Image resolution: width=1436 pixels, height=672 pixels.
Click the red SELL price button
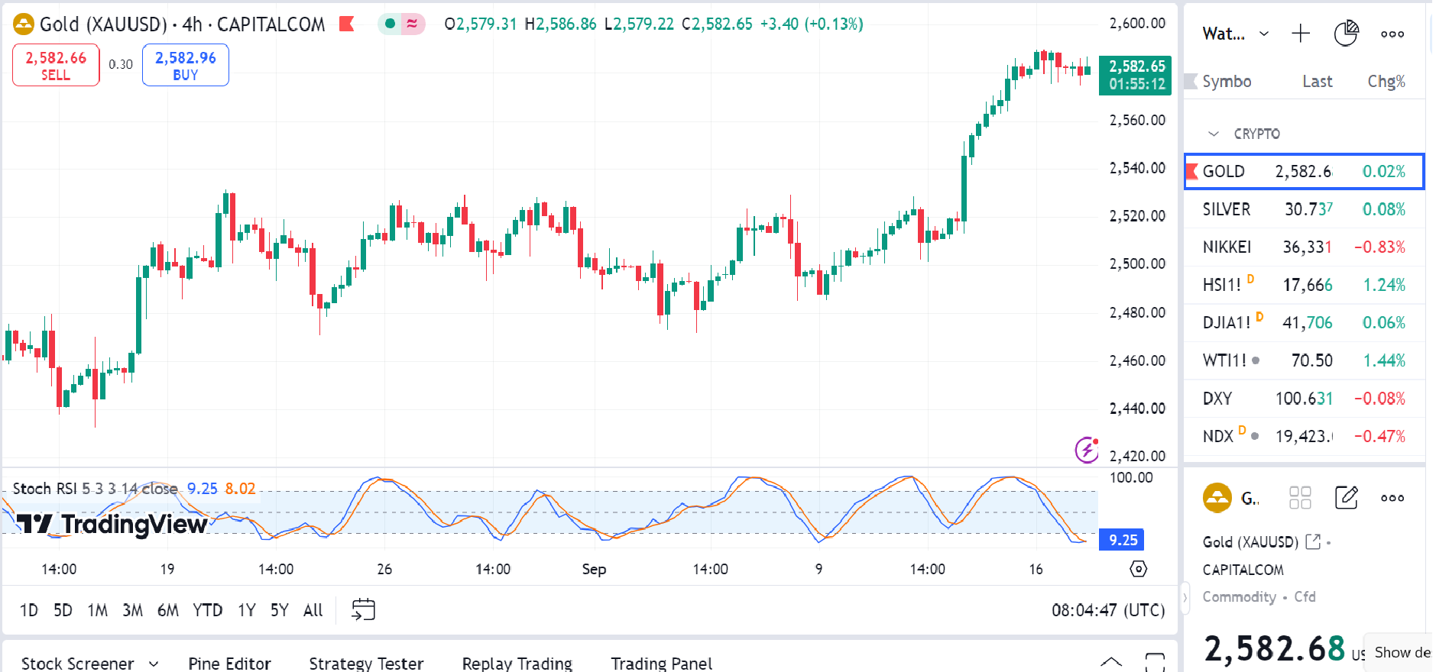click(x=56, y=65)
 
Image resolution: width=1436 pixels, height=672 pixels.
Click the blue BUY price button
click(x=185, y=65)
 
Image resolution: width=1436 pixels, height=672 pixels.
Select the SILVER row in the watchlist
click(x=1227, y=209)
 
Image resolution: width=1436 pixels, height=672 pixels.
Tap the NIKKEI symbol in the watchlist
click(x=1227, y=247)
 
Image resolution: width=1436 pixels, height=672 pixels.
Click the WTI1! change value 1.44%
click(x=1383, y=360)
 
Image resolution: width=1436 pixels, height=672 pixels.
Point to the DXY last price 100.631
click(x=1304, y=399)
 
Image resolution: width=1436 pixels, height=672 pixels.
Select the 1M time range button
click(x=97, y=610)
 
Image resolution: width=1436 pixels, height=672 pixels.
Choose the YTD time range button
click(x=207, y=610)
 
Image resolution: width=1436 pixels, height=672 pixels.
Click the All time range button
click(x=313, y=610)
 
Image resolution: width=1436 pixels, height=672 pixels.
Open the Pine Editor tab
click(x=229, y=663)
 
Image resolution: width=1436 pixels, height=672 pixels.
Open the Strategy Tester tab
click(x=366, y=663)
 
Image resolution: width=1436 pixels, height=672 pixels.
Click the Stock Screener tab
click(x=78, y=663)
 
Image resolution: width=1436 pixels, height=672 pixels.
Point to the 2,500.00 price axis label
click(x=1137, y=264)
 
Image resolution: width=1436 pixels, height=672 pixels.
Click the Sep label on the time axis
click(x=594, y=569)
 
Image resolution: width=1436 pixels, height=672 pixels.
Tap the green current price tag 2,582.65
click(x=1136, y=75)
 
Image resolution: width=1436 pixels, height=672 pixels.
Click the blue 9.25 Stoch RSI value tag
click(x=1123, y=540)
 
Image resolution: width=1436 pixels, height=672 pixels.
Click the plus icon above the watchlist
click(x=1300, y=34)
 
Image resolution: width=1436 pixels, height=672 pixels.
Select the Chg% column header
click(x=1386, y=82)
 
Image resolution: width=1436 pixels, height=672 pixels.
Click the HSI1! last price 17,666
click(x=1307, y=285)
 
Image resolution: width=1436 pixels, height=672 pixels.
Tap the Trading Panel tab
click(x=661, y=663)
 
